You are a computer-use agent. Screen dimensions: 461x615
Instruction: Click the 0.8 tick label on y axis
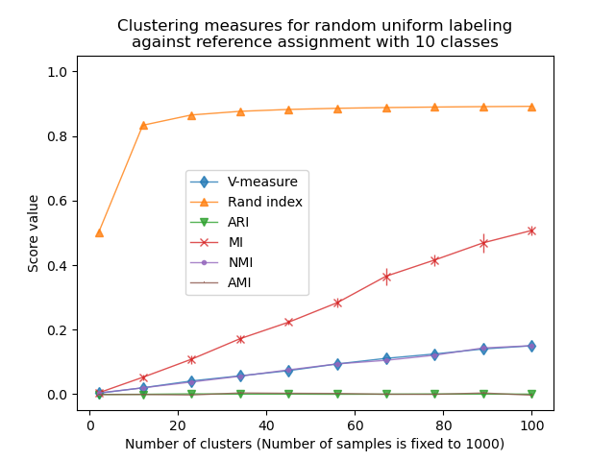click(61, 136)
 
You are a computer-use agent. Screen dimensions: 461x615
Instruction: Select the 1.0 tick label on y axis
click(61, 72)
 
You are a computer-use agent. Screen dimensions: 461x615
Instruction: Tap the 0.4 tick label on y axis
click(61, 266)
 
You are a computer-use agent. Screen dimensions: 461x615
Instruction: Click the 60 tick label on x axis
click(355, 425)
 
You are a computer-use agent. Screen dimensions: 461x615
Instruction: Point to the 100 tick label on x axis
click(530, 425)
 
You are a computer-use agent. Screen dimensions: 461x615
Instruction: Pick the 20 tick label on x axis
click(178, 425)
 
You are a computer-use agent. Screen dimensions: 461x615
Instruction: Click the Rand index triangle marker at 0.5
click(99, 232)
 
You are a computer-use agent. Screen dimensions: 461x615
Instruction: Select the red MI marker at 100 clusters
click(531, 230)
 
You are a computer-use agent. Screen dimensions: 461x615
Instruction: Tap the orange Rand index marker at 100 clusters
click(531, 107)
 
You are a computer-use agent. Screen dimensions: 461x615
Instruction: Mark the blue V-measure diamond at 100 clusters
click(531, 346)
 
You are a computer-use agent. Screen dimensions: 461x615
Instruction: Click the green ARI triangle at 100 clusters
click(531, 395)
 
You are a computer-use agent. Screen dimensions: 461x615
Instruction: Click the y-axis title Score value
click(34, 233)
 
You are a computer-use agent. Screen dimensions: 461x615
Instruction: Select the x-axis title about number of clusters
click(314, 444)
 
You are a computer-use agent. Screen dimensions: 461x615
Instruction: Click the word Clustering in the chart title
click(154, 25)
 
